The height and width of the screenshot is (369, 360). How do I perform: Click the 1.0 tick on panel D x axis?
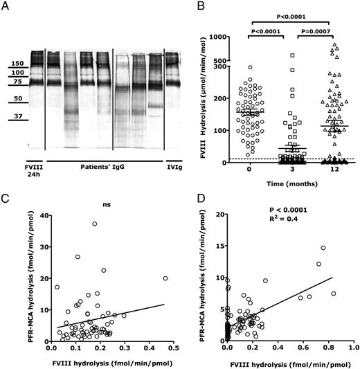tap(350, 347)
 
